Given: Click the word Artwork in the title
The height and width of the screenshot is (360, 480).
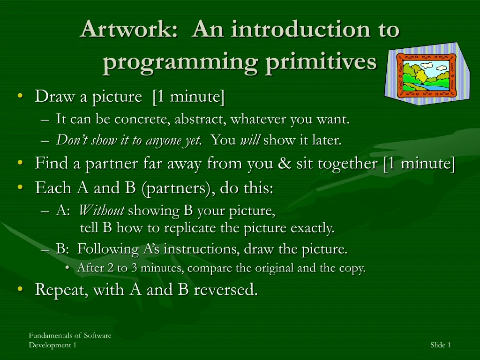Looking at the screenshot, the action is pyautogui.click(x=129, y=29).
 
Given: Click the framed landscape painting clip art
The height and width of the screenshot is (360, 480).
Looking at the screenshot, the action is pyautogui.click(x=427, y=74).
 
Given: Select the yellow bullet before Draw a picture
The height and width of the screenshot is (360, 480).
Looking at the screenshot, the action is pyautogui.click(x=21, y=96).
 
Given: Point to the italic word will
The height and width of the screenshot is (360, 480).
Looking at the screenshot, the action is pyautogui.click(x=250, y=140).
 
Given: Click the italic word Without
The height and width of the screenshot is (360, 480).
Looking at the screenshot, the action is pyautogui.click(x=102, y=210).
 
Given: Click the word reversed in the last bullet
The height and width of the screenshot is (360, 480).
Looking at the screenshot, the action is pyautogui.click(x=225, y=289).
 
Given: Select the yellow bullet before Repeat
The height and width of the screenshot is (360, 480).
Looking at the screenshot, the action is pyautogui.click(x=21, y=289).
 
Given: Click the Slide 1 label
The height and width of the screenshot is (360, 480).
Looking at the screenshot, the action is pyautogui.click(x=441, y=345).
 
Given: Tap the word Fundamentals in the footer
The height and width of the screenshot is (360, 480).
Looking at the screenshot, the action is pyautogui.click(x=51, y=336).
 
